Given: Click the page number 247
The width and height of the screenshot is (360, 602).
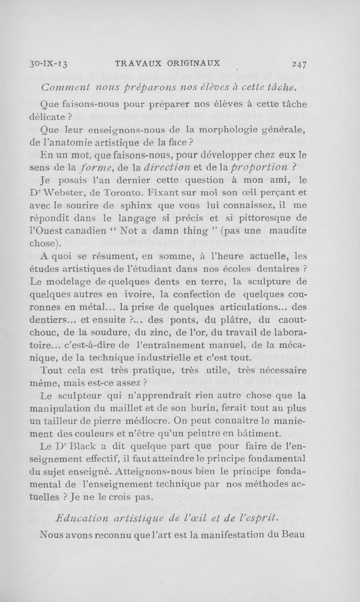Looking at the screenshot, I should coord(297,63).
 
